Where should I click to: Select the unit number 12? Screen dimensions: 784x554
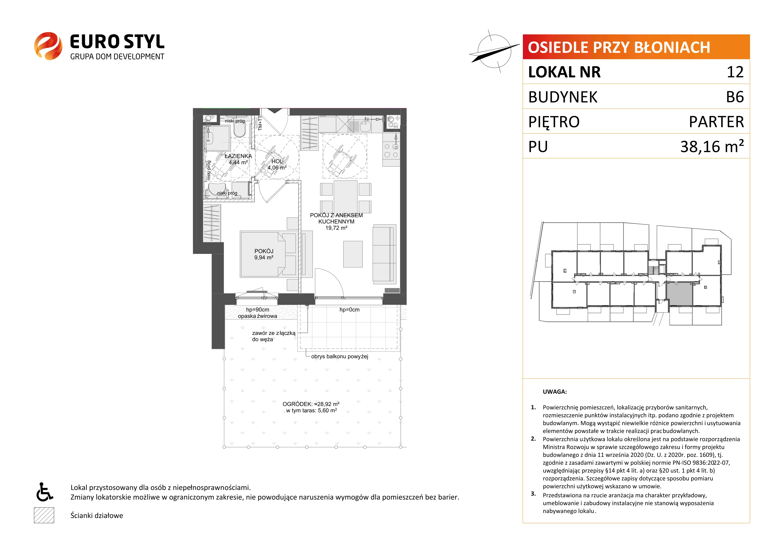(x=735, y=72)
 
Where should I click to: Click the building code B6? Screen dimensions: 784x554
(x=735, y=97)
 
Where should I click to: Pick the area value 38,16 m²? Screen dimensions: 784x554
(x=712, y=146)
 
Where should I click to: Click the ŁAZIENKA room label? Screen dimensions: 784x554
(x=238, y=156)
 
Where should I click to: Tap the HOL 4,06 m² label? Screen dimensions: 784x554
(x=277, y=164)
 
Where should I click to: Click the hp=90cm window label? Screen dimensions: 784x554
(x=258, y=310)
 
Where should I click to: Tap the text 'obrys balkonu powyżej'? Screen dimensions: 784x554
(x=339, y=356)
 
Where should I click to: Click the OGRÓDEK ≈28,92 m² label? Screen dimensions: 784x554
(x=311, y=404)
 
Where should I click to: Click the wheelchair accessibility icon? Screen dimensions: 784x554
(x=44, y=492)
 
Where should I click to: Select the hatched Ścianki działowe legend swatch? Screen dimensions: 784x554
(x=44, y=515)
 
